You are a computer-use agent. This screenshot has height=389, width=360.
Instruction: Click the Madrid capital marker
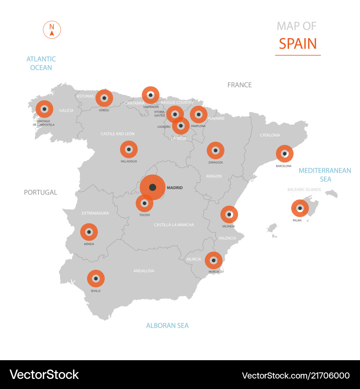pos(152,187)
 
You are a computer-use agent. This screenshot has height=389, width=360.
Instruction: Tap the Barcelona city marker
pos(284,154)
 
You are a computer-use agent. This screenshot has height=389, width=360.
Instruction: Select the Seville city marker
pos(96,278)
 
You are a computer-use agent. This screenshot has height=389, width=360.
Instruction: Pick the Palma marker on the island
pos(300,208)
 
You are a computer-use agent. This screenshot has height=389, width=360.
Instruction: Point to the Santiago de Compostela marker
pos(44,109)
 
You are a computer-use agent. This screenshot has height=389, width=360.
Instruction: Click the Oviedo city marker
pos(104,98)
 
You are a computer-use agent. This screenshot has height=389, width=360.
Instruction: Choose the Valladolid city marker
pos(129,149)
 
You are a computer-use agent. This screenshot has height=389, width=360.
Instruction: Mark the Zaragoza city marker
pos(215,151)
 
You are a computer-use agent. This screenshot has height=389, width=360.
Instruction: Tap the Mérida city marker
pos(89,232)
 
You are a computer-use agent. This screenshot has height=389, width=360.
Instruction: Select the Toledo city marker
pos(144,204)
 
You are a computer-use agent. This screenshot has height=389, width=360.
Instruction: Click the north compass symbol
pos(52,30)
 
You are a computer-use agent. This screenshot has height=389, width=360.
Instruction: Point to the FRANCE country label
pos(239,85)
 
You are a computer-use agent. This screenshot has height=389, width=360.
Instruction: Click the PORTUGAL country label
pos(41,192)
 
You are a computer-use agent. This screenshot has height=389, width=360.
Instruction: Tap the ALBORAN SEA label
pos(167,326)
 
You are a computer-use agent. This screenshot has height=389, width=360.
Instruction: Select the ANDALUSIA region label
pos(144,271)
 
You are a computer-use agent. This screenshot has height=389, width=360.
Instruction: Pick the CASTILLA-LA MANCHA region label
pos(174,225)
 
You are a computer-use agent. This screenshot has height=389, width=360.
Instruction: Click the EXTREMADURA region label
pos(95,213)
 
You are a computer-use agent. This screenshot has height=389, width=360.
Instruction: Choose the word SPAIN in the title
pos(298,44)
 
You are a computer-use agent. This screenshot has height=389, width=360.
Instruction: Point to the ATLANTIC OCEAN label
pos(41,63)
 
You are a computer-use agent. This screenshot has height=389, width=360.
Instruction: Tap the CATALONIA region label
pos(270,135)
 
